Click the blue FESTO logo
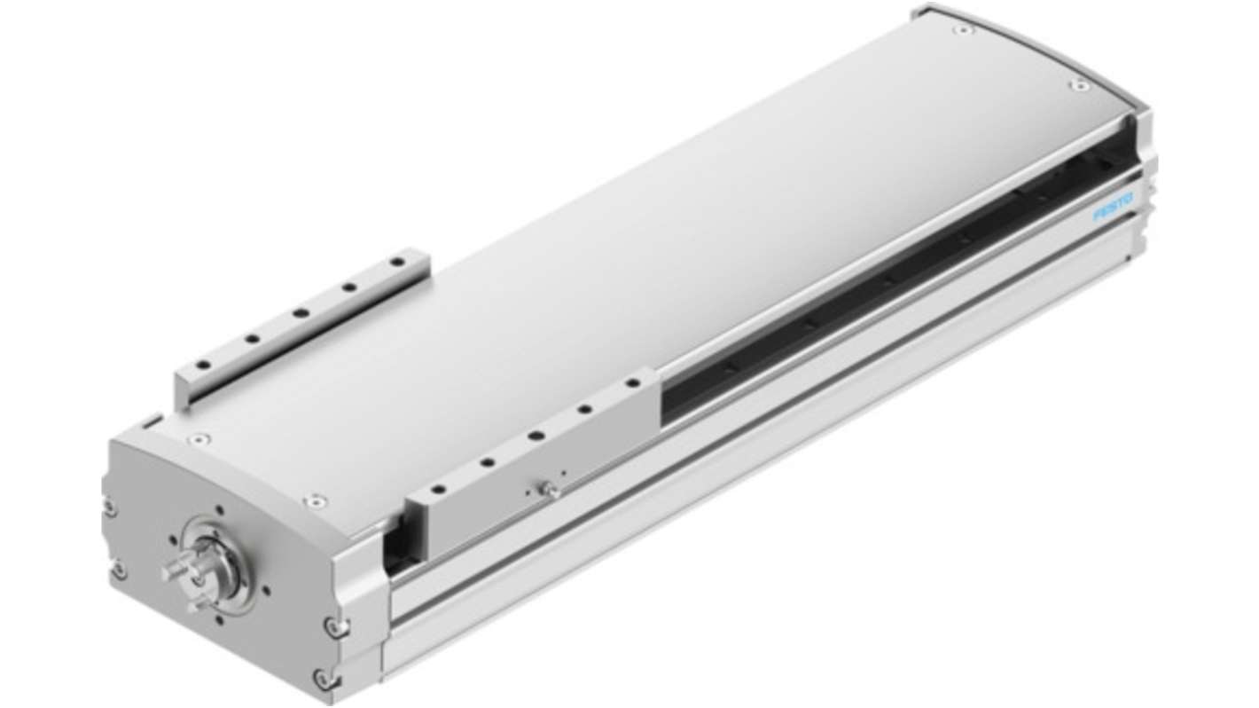pos(1113,208)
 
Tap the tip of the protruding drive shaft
pos(167,574)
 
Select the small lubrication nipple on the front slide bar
pos(550,490)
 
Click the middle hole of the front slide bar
pos(536,436)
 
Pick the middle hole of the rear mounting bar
pos(301,312)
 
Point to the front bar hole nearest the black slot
pos(633,383)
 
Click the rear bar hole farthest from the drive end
pos(398,262)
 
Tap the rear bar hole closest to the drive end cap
pos(203,365)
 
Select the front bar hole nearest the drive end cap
pos(439,489)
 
